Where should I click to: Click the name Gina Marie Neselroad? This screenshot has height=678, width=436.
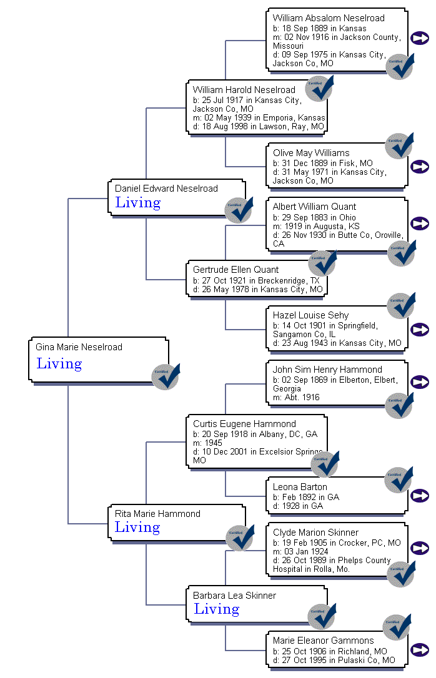click(79, 347)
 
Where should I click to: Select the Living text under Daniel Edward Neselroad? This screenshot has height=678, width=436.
click(137, 203)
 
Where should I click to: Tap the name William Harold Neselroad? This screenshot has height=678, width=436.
click(244, 90)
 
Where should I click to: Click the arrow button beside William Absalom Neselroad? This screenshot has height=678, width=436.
click(420, 38)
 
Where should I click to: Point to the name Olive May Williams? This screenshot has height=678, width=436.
click(311, 153)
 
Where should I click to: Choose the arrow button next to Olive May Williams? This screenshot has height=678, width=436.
click(420, 167)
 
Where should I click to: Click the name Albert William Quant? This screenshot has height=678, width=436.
click(314, 207)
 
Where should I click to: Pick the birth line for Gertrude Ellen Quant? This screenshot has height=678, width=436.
click(255, 280)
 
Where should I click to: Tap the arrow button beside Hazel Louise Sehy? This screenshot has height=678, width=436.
click(420, 330)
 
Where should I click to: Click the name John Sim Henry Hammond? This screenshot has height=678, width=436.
click(327, 370)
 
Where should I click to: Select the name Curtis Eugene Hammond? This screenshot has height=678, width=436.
click(244, 424)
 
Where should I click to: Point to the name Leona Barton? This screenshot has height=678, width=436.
click(300, 487)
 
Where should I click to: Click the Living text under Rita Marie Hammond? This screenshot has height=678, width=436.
click(137, 528)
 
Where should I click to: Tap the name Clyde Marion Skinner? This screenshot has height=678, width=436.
click(315, 533)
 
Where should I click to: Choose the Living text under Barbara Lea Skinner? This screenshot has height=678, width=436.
click(216, 609)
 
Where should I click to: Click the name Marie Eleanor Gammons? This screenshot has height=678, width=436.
click(323, 641)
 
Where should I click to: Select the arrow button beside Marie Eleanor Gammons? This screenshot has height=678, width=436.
click(420, 650)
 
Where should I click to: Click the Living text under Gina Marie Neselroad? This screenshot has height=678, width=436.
click(59, 364)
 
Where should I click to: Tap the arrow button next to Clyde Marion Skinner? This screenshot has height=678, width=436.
click(420, 548)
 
